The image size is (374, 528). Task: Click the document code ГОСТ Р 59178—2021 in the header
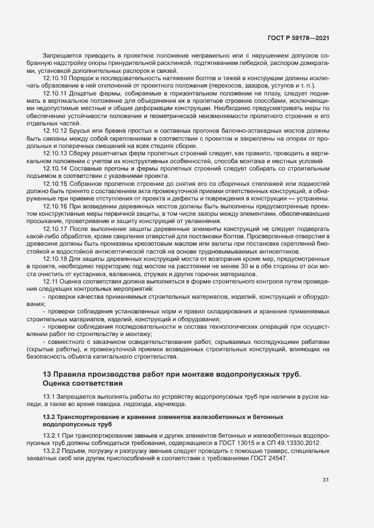[298, 38]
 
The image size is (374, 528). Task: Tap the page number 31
[325, 480]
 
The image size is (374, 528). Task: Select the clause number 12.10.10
[55, 77]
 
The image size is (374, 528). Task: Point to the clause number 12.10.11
[55, 92]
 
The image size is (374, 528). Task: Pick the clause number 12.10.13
[55, 153]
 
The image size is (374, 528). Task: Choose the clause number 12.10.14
[55, 168]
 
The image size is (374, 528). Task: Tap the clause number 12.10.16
[55, 206]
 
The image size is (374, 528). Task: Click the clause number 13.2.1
[52, 436]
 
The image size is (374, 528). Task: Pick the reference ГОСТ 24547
[268, 458]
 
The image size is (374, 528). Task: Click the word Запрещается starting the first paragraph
[62, 56]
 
